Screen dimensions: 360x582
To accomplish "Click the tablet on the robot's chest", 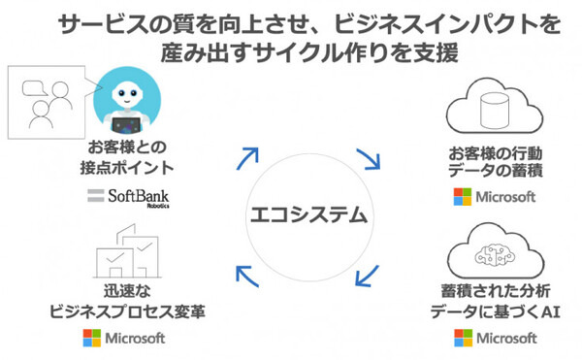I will pos(126,123).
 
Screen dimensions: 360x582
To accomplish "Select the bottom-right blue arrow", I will pos(366,276).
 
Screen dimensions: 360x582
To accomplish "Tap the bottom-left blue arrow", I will pos(248,278).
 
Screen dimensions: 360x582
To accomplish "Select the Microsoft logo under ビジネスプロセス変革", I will pos(125,340).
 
